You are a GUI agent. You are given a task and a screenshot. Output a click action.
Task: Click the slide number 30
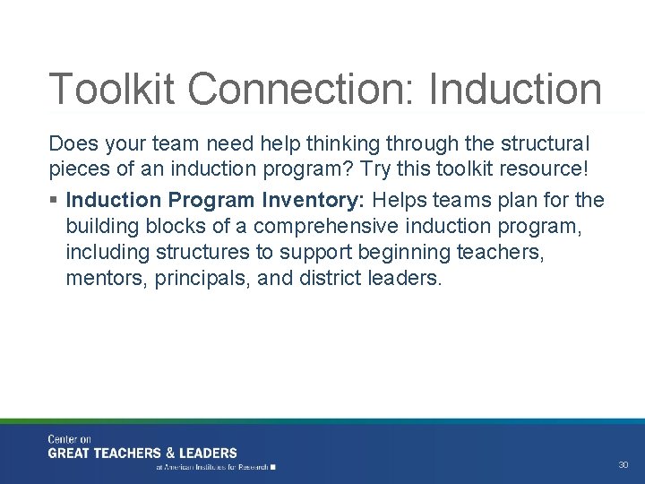623,465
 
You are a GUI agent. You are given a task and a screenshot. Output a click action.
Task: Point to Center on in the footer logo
69,439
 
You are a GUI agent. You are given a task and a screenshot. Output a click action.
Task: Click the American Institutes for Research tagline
215,467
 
